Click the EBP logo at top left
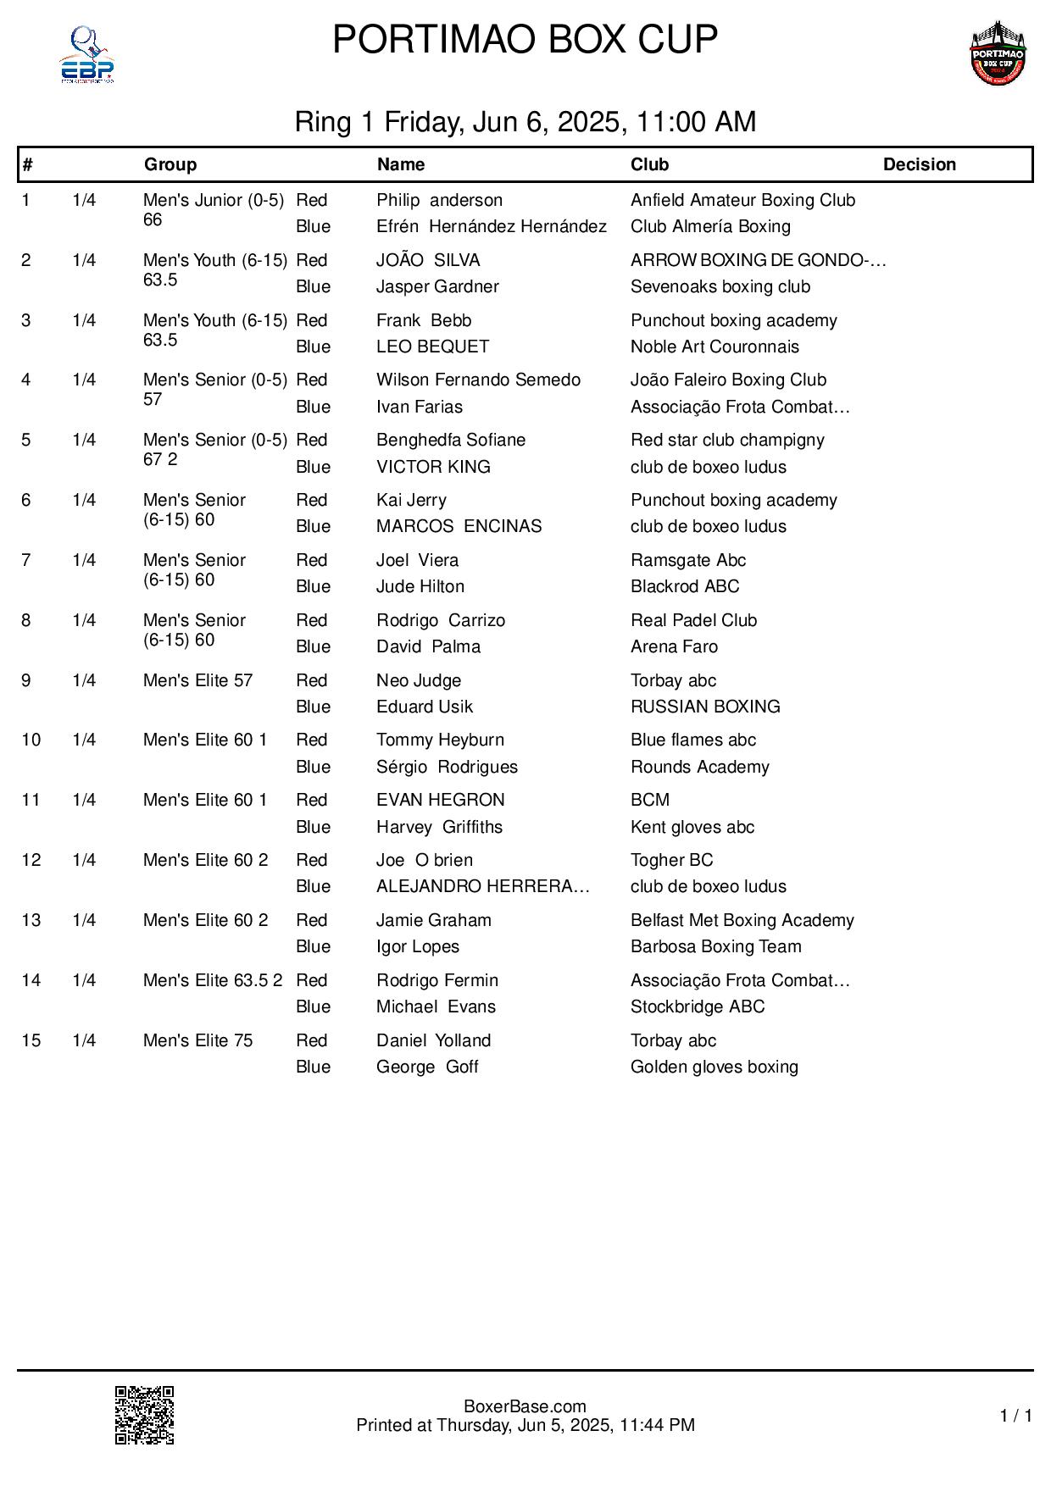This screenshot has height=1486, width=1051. click(x=86, y=55)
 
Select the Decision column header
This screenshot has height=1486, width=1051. click(x=919, y=164)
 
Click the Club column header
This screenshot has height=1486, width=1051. click(x=649, y=164)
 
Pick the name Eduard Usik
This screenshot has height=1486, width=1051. click(x=425, y=707)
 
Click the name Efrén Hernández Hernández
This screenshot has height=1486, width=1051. click(x=492, y=226)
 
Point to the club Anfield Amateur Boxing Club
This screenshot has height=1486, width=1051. click(x=742, y=200)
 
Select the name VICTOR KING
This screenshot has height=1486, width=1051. click(x=433, y=467)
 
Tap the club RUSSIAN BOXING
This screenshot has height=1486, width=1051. click(x=705, y=707)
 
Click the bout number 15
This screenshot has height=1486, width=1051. click(x=31, y=1040)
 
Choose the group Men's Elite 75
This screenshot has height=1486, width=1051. click(x=197, y=1040)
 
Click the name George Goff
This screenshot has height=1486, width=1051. click(x=427, y=1067)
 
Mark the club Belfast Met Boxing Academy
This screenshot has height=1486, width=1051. click(x=742, y=920)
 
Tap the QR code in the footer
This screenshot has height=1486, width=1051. click(x=145, y=1415)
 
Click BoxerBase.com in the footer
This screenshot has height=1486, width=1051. click(x=525, y=1407)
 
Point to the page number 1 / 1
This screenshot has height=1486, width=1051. click(x=1016, y=1416)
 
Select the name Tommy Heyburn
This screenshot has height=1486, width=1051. click(x=440, y=740)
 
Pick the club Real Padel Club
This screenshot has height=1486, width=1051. click(x=693, y=620)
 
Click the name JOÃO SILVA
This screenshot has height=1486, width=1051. click(x=428, y=260)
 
